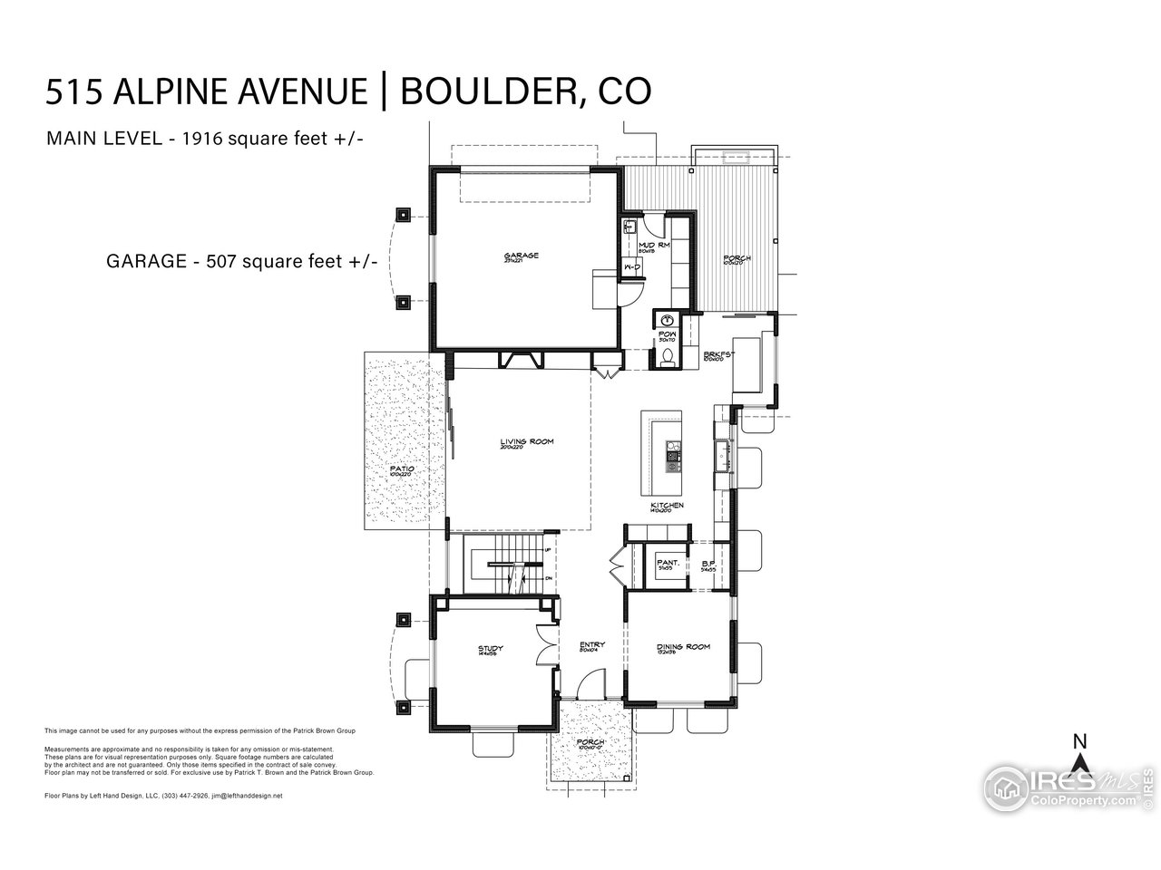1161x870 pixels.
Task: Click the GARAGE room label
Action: [x=522, y=256]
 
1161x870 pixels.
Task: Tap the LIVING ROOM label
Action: [x=526, y=442]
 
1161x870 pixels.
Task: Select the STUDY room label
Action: [x=491, y=649]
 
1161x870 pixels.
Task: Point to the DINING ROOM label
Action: [x=683, y=647]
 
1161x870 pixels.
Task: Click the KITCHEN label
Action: [x=667, y=505]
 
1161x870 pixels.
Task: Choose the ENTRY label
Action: [x=592, y=645]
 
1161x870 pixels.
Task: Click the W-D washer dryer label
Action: [x=632, y=267]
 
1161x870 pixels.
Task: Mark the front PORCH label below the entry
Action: [x=591, y=742]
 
